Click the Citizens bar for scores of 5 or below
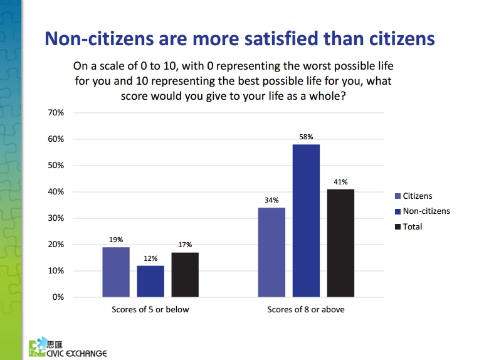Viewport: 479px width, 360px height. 116,272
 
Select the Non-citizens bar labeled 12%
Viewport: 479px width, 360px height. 150,281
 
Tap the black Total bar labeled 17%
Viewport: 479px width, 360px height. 185,275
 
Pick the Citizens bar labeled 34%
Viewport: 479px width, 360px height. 271,252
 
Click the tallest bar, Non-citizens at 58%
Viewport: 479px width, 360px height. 306,221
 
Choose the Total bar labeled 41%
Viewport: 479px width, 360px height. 340,243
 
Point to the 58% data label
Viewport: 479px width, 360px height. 306,137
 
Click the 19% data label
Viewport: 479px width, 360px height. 116,240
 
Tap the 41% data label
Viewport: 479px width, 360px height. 340,182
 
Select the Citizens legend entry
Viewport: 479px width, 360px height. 414,196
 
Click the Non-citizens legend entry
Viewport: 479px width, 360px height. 423,211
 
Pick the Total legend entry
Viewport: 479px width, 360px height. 408,227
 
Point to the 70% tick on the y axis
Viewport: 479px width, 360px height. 56,113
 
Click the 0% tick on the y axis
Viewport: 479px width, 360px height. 58,297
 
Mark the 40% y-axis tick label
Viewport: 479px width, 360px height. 56,192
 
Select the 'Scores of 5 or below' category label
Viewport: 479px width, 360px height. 150,310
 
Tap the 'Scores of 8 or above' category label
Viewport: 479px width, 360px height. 306,310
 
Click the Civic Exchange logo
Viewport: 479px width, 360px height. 68,347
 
